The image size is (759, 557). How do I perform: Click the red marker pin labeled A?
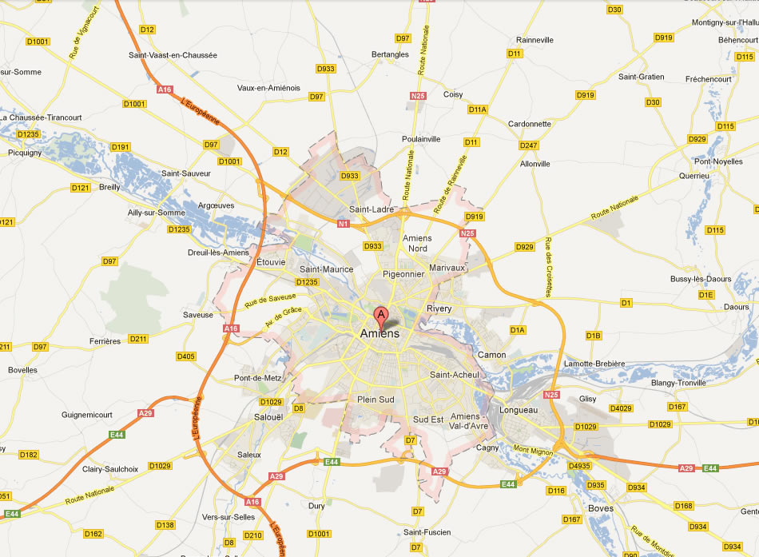382,315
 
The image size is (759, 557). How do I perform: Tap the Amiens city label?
379,333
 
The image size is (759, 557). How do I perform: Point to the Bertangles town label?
390,55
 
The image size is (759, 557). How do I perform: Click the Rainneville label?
534,39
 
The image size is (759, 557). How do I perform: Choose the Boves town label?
600,508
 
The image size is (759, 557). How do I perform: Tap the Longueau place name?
518,411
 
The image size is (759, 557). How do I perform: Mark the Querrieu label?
693,175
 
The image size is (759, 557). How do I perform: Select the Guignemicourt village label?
88,415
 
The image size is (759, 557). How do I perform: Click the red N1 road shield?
344,224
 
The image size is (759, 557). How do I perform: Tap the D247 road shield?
528,145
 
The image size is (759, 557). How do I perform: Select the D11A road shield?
478,109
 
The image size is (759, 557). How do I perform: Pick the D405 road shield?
185,356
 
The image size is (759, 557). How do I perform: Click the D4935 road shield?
578,465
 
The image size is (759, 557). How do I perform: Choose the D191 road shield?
121,147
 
